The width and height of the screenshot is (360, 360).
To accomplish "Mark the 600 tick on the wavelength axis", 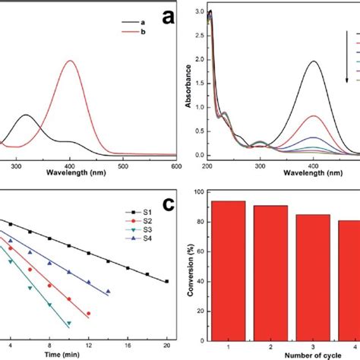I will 175,165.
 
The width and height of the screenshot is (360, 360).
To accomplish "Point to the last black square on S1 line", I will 167,281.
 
